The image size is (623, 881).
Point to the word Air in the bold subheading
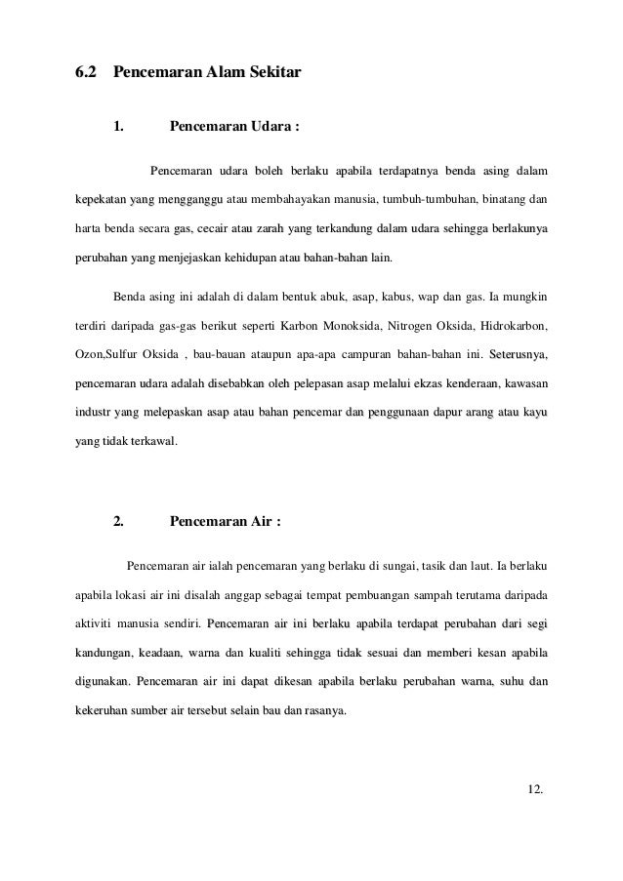click(262, 520)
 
